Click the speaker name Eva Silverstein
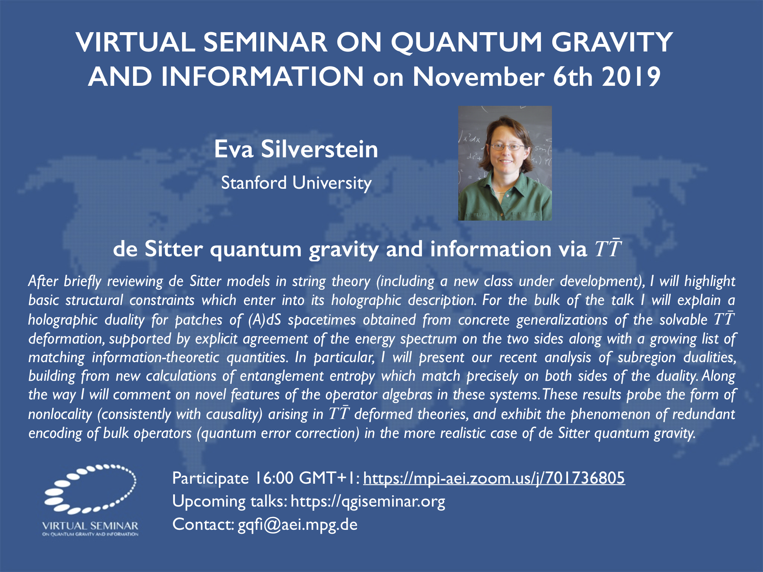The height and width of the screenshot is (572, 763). click(x=296, y=149)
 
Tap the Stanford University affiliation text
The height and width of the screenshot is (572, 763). click(x=296, y=183)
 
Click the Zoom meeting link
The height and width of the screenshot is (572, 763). click(x=494, y=478)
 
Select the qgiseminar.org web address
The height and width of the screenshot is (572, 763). click(x=368, y=502)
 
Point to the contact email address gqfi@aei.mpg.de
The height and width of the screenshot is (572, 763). click(x=298, y=524)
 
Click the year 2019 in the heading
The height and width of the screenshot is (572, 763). click(x=631, y=77)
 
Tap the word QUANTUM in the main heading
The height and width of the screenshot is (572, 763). click(x=466, y=42)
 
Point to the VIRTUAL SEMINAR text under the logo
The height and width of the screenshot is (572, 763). click(x=90, y=526)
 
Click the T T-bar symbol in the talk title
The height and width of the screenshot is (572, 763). click(x=608, y=248)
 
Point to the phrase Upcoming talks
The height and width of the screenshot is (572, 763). click(x=230, y=502)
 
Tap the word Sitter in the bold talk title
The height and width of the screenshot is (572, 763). click(x=174, y=249)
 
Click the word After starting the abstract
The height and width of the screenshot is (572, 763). click(x=43, y=281)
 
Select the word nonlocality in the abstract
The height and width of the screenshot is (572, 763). click(x=60, y=414)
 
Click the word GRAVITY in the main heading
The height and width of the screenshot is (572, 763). click(x=612, y=42)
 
